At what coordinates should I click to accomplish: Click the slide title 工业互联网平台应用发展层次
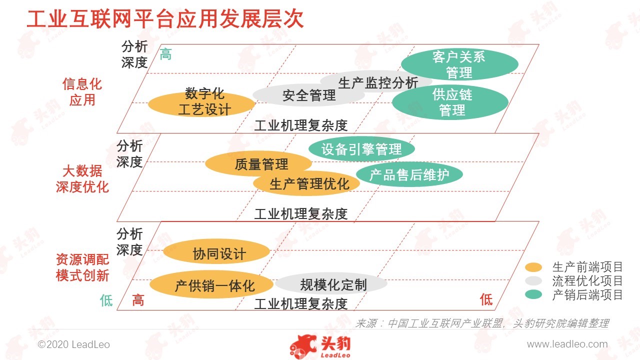[165, 19]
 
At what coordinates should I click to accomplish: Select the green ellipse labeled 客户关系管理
[459, 64]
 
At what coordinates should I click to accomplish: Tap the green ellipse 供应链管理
[450, 102]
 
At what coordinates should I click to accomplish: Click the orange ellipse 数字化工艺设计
[201, 103]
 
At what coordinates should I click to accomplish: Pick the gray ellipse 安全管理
[308, 94]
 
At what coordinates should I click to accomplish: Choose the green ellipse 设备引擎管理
[361, 149]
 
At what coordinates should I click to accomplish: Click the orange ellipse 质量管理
[258, 163]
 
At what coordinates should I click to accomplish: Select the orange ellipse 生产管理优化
[306, 183]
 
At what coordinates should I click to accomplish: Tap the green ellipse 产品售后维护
[409, 174]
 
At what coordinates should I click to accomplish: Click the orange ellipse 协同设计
[216, 251]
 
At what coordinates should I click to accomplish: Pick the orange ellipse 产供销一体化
[211, 284]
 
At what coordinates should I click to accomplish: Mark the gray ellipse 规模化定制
[331, 283]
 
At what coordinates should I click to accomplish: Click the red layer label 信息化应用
[82, 92]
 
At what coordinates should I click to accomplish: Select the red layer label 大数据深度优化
[82, 179]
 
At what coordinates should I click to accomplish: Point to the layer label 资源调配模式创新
[82, 267]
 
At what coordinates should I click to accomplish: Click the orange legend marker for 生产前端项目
[533, 267]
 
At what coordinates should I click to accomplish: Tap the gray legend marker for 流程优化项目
[533, 281]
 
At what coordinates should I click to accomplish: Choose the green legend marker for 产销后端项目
[533, 294]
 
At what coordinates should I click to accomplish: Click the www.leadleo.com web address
[567, 344]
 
